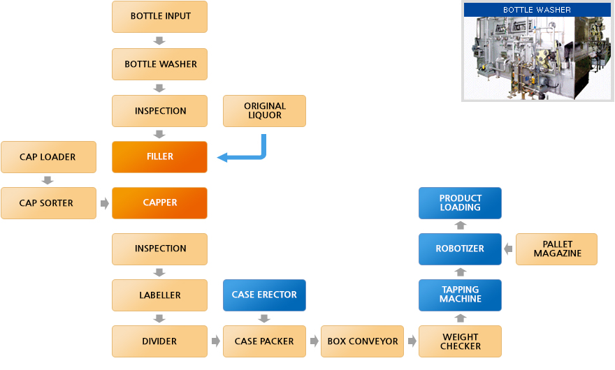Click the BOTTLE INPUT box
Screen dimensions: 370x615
pos(159,16)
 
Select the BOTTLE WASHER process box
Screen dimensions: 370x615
pos(159,64)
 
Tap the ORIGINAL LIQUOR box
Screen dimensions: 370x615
pos(264,111)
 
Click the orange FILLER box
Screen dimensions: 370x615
pos(159,157)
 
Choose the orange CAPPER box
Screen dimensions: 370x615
pos(159,203)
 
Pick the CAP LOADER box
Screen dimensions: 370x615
pos(48,157)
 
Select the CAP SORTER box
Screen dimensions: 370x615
pos(48,203)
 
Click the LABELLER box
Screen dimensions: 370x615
pos(159,295)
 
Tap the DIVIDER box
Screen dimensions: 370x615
pos(159,341)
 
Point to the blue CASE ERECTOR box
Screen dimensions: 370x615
pos(264,295)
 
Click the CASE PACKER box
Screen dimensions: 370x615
pos(264,341)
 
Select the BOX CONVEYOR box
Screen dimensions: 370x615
pos(362,341)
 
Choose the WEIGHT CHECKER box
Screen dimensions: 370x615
pos(460,341)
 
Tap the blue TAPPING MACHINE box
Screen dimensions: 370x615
pos(460,295)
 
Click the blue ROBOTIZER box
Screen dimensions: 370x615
pos(460,249)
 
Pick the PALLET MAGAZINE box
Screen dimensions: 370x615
pos(557,249)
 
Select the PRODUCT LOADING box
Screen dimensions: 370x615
pos(460,202)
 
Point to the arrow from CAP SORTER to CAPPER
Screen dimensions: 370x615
pos(105,204)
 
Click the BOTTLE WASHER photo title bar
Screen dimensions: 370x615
pos(537,10)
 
